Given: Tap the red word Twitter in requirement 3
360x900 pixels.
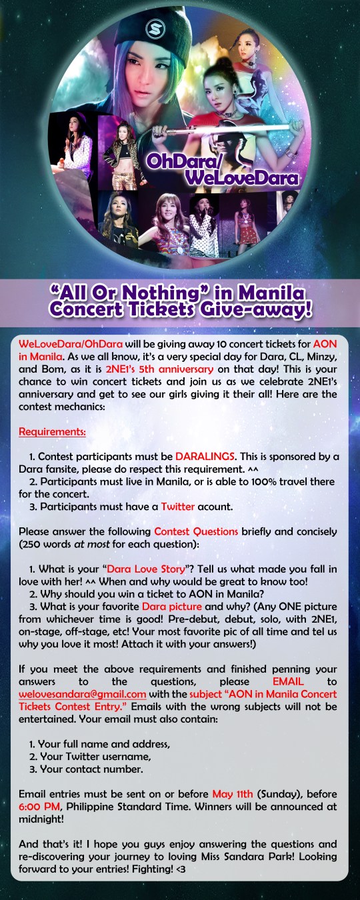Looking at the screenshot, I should tap(178, 507).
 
